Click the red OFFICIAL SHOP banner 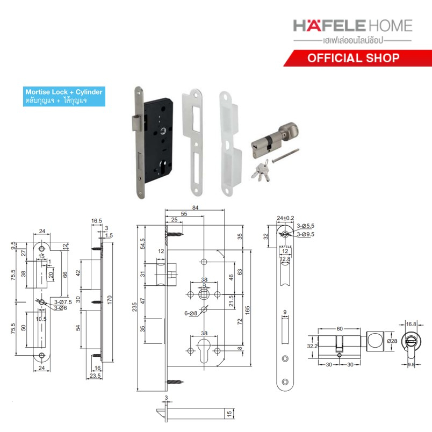click(x=358, y=58)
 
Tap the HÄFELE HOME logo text click(x=352, y=26)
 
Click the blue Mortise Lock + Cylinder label click(x=64, y=96)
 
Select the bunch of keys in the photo click(x=261, y=171)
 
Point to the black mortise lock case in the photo click(x=159, y=141)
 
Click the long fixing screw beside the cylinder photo click(x=285, y=156)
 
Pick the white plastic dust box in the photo click(x=231, y=143)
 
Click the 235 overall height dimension click(x=134, y=307)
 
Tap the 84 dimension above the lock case click(x=196, y=207)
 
